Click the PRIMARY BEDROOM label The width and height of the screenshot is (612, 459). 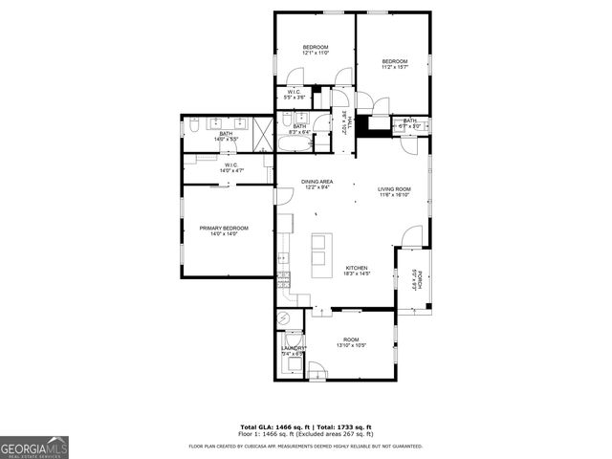tap(224, 228)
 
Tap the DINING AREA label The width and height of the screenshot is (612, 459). tap(317, 182)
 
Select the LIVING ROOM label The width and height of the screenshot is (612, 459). tap(393, 189)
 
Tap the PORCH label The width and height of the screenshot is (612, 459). tap(417, 279)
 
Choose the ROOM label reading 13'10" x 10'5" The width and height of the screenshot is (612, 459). tap(351, 339)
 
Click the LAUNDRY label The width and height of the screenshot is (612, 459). tap(292, 349)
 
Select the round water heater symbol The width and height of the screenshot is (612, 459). tap(283, 319)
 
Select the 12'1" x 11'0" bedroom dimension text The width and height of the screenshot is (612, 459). tap(316, 53)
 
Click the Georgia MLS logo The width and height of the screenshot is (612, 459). tap(34, 447)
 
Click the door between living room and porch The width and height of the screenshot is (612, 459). tap(413, 233)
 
